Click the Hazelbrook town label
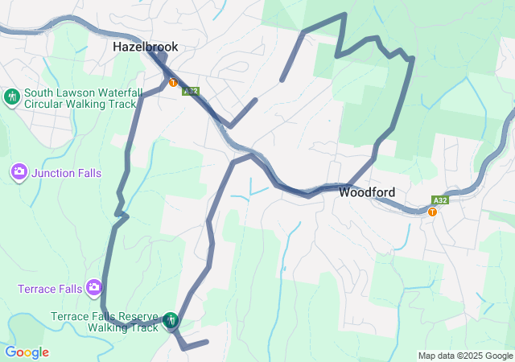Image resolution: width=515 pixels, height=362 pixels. coord(145,47)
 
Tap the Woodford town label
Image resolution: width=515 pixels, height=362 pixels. coord(366,192)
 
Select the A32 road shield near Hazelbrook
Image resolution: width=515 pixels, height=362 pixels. coord(190,91)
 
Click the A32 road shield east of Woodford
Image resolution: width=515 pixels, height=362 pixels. coord(439,200)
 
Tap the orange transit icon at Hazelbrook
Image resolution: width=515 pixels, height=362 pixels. coord(173,82)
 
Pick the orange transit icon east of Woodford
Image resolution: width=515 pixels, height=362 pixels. coord(433,212)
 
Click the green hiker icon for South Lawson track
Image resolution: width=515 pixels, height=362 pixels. coord(12,98)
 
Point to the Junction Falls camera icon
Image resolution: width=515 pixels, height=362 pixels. coord(19,171)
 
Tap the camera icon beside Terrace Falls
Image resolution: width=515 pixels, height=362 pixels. coord(94,287)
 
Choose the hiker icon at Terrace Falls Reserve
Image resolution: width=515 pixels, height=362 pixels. coord(171,321)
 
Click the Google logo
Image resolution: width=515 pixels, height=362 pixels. coord(27,352)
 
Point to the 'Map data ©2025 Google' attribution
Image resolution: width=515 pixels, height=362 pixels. coord(465,356)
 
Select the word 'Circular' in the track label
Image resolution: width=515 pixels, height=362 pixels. coord(45,104)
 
